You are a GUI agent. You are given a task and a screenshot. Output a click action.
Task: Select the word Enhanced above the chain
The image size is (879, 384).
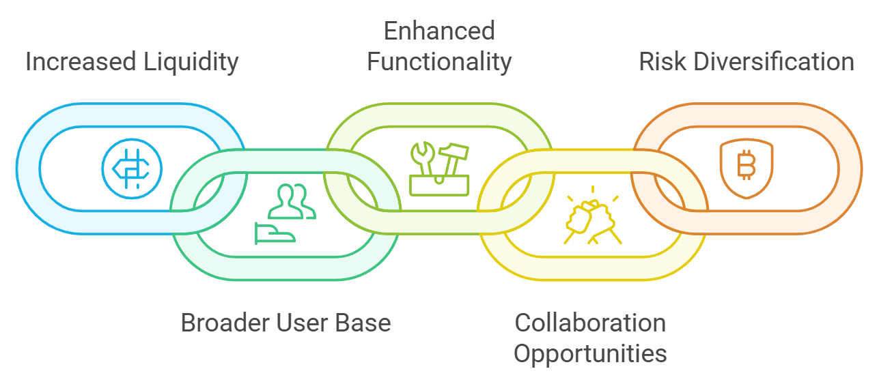click(438, 31)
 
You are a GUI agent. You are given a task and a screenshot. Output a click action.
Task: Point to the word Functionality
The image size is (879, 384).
click(438, 62)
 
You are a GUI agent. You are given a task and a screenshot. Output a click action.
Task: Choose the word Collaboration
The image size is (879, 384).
click(590, 323)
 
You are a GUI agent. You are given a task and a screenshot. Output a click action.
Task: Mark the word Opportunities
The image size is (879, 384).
click(590, 354)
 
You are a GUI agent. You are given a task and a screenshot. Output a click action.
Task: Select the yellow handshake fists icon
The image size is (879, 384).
click(592, 218)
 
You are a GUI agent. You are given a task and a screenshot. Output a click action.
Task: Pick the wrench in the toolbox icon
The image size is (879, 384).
click(421, 158)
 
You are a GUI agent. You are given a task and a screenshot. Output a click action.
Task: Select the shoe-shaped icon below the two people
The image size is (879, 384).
click(275, 233)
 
